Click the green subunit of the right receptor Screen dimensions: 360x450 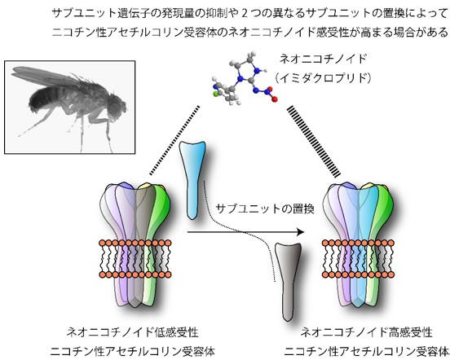click(382, 212)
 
